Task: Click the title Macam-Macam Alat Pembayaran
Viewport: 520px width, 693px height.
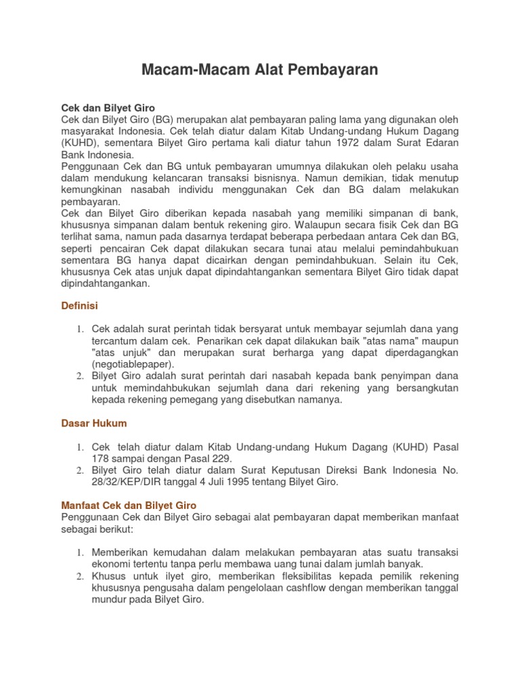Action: click(259, 70)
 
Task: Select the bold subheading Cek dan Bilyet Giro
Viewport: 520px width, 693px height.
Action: click(108, 108)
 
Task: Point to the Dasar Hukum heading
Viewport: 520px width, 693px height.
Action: click(94, 423)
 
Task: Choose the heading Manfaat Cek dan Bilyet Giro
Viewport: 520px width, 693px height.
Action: click(129, 505)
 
